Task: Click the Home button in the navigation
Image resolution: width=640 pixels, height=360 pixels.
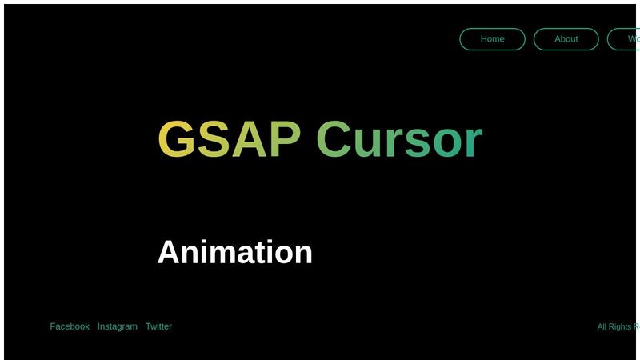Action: click(492, 39)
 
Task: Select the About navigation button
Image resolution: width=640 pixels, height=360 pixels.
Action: click(566, 39)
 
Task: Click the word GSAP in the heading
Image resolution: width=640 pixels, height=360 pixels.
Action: click(229, 139)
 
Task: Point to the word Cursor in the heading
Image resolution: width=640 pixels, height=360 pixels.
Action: click(399, 139)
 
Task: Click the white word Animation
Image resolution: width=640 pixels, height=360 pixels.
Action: click(234, 252)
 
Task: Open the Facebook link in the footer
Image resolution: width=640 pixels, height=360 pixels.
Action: click(70, 326)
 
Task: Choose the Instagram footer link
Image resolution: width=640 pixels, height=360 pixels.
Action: click(117, 326)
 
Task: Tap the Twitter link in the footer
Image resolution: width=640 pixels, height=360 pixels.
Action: click(158, 326)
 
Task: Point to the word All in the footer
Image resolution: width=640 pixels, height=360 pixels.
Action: click(603, 326)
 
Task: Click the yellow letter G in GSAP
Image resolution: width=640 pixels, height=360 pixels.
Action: click(177, 139)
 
